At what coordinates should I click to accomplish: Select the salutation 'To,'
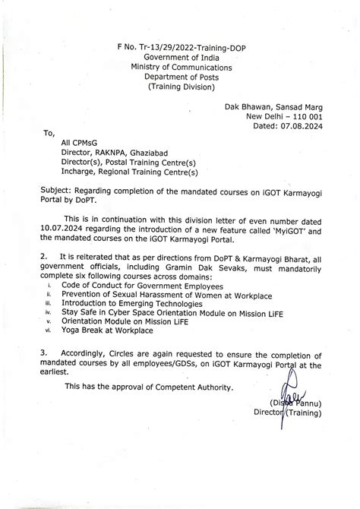coord(50,133)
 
